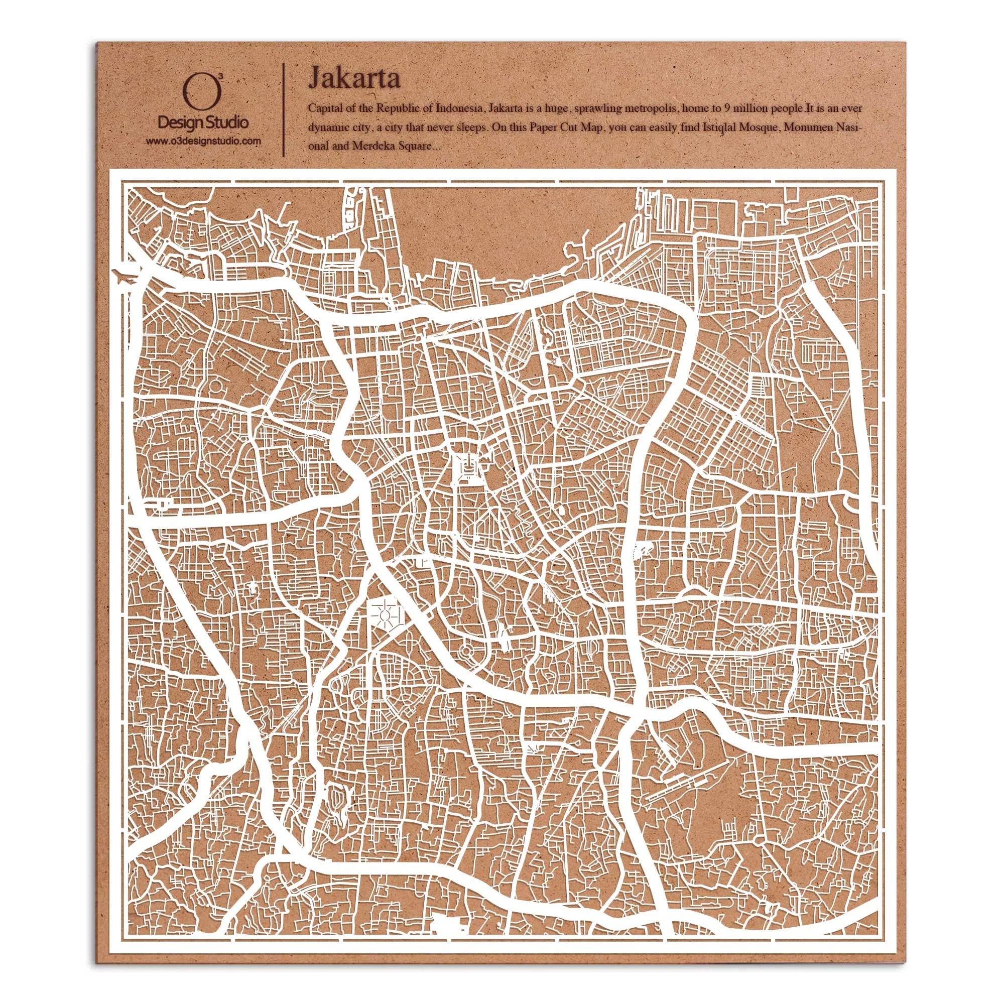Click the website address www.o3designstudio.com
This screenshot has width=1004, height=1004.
pos(203,141)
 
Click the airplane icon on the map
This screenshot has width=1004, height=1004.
pos(127,276)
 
